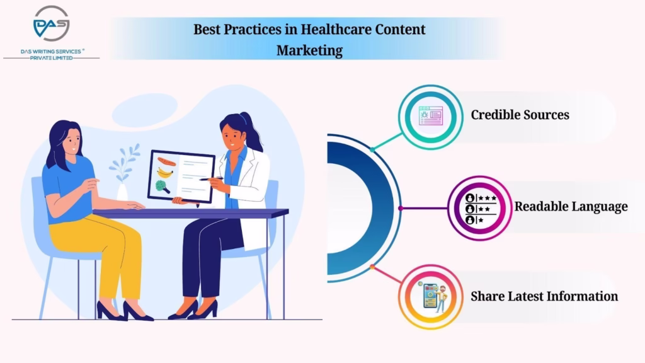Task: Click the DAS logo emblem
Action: [52, 23]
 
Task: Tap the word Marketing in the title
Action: [309, 50]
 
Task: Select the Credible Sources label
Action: [520, 115]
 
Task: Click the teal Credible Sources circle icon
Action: [431, 117]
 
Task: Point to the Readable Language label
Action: [571, 207]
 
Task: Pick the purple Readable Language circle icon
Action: [479, 208]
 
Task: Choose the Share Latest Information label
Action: [544, 296]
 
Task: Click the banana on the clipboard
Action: [166, 173]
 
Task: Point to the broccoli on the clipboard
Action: [162, 187]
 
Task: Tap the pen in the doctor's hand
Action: [211, 179]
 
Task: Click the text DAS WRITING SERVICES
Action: [51, 52]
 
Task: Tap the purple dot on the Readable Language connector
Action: [401, 208]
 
